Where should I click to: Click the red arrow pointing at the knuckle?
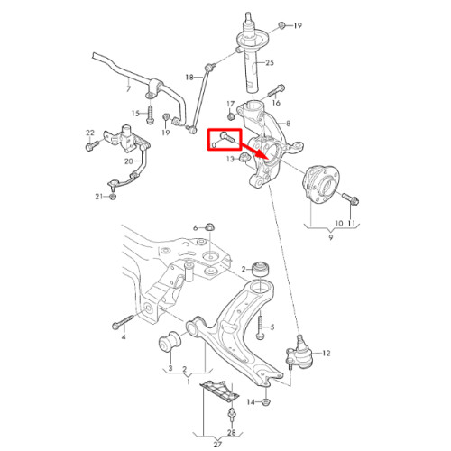tap(254, 151)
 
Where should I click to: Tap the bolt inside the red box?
tap(227, 137)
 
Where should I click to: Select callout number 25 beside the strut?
tap(270, 62)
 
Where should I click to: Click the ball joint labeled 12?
tap(299, 353)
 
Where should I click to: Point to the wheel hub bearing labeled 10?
tap(320, 181)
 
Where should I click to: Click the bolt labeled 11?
tap(351, 198)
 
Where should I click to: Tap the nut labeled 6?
tap(209, 227)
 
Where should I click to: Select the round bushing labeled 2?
tap(260, 269)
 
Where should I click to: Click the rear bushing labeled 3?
tap(170, 342)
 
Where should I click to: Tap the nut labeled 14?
tap(265, 401)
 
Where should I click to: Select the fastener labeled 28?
tap(231, 415)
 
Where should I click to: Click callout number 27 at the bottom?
tap(217, 444)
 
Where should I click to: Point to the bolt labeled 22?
tap(92, 145)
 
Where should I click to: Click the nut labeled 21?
tap(113, 197)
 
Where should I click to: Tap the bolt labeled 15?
tap(150, 115)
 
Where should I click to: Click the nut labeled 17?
tap(231, 115)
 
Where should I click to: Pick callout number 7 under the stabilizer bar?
tap(128, 89)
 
